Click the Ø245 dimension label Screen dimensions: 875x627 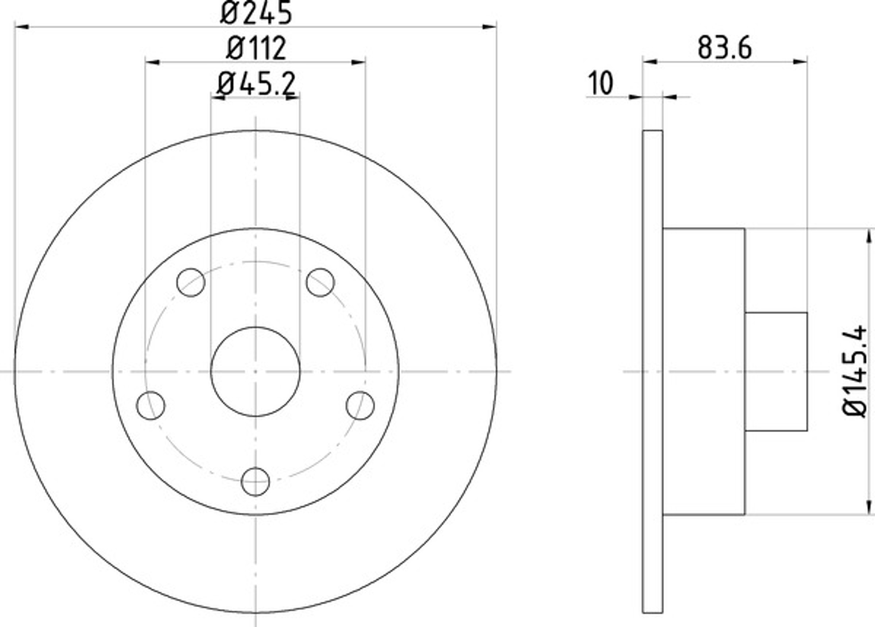tap(256, 13)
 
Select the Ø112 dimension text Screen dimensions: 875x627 tap(256, 48)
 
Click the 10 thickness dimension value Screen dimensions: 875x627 tap(600, 83)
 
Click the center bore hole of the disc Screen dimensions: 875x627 tap(256, 371)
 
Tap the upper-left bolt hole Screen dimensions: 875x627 tap(191, 283)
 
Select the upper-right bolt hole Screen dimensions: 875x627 tap(320, 283)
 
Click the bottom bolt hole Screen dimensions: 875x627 tap(256, 482)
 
